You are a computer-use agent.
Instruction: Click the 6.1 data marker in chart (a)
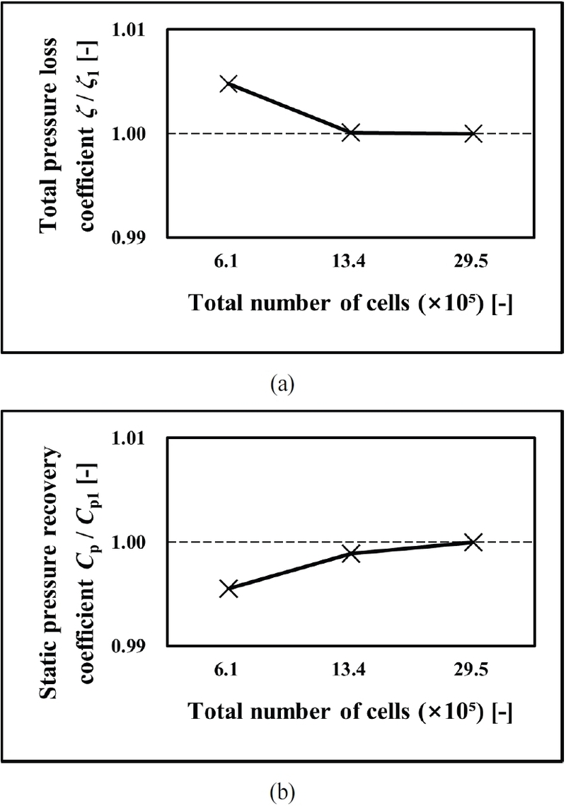coord(228,84)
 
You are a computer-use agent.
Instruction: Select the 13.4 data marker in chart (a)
coord(351,132)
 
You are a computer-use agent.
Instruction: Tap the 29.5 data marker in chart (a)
coord(473,133)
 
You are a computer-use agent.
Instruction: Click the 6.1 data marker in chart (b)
coord(228,589)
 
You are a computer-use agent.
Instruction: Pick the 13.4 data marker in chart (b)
coord(351,553)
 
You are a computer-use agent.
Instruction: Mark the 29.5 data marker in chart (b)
coord(473,542)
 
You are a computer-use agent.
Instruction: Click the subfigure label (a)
coord(283,385)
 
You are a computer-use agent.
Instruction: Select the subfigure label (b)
coord(283,789)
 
